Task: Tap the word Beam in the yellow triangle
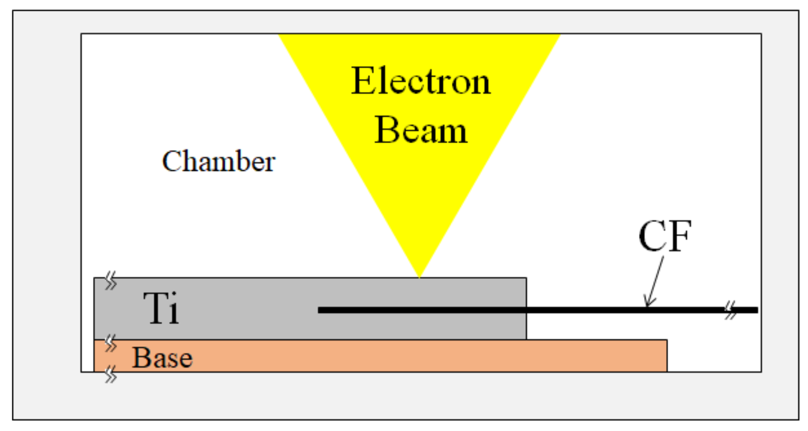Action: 420,130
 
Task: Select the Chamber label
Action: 218,161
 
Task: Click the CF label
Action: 664,236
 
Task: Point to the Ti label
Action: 161,309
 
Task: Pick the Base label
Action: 162,358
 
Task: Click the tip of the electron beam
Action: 420,277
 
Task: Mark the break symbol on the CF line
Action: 731,310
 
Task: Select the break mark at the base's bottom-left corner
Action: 110,375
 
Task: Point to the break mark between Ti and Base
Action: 110,343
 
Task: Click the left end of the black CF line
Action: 319,310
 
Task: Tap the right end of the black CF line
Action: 756,310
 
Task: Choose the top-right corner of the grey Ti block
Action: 526,278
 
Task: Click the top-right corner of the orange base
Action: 667,340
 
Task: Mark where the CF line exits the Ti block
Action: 526,310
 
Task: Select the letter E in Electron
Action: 361,82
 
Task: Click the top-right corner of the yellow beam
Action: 560,35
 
